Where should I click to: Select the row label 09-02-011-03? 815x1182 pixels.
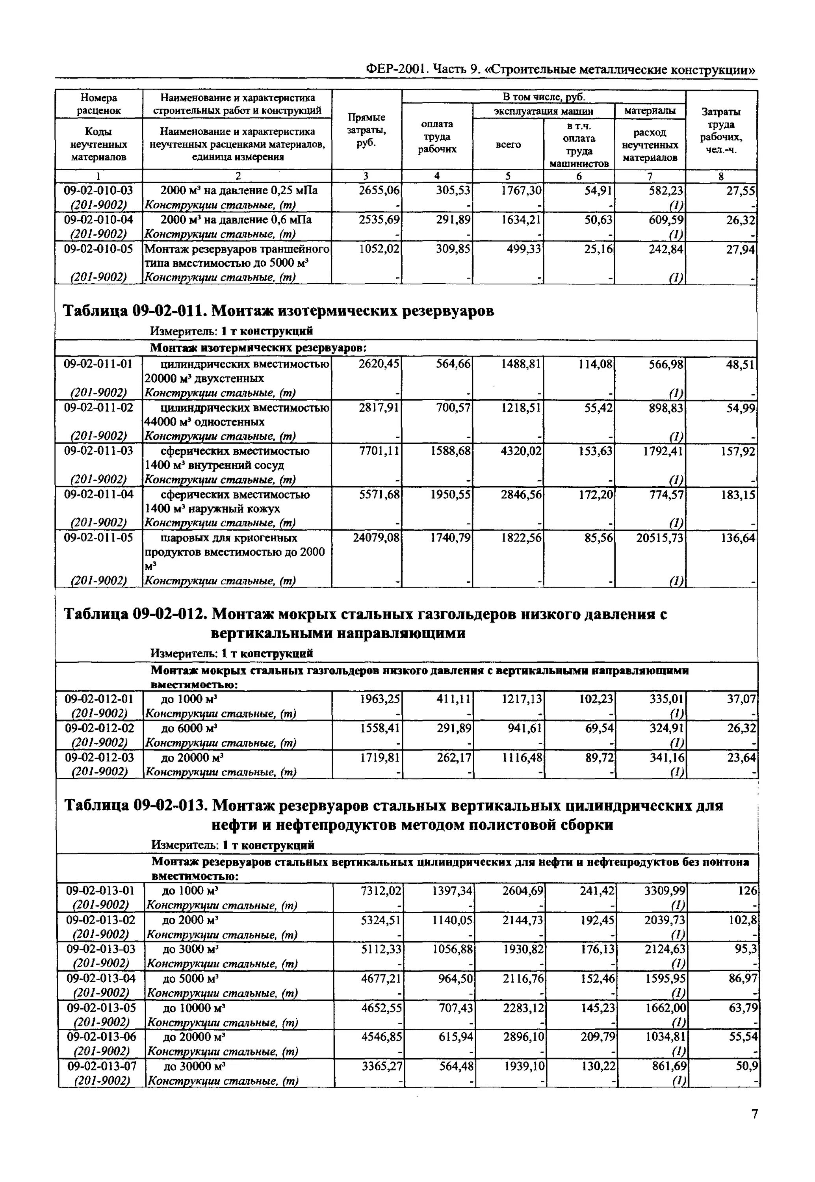(x=98, y=451)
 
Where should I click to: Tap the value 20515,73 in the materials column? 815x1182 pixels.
(x=659, y=538)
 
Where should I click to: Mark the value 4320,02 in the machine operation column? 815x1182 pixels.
(x=520, y=451)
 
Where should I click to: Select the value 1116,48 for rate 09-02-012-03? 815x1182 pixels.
(x=522, y=757)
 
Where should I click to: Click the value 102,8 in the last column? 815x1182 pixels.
(x=741, y=920)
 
